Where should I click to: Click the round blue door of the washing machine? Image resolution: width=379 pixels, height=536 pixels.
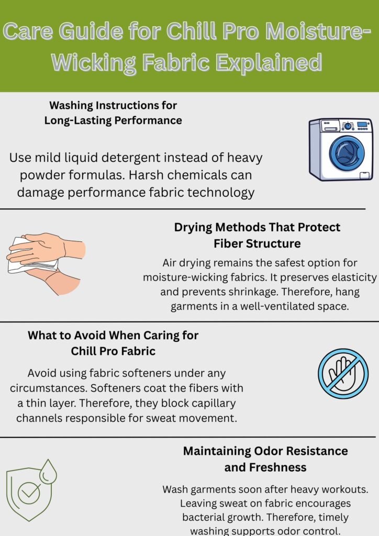point(343,152)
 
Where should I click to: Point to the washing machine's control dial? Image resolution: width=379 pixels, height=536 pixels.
point(347,126)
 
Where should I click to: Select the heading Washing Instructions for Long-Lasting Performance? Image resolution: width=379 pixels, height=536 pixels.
point(113,113)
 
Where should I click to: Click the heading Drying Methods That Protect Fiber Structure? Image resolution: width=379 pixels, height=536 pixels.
point(257,236)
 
